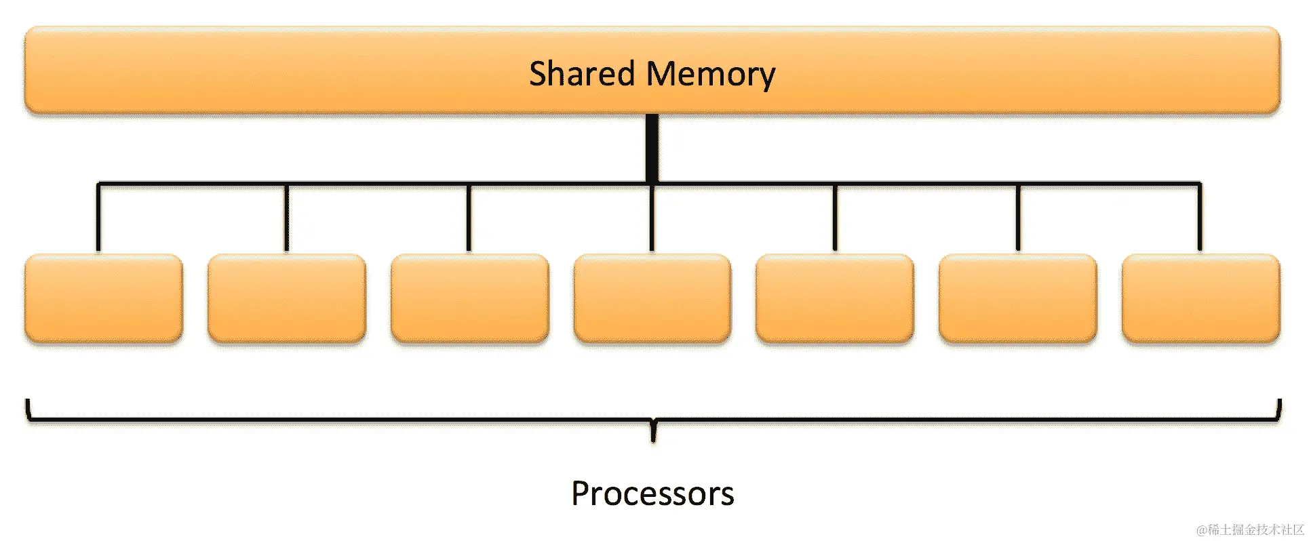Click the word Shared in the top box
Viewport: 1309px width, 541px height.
point(581,73)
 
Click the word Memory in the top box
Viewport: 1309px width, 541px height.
point(711,74)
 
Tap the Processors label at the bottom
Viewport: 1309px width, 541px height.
point(652,494)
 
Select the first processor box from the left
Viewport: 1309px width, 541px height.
point(104,298)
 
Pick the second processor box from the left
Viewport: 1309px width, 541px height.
point(287,298)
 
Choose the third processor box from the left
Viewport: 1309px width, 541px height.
point(470,298)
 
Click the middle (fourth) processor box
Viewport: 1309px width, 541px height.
point(652,298)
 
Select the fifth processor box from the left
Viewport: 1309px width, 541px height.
point(835,298)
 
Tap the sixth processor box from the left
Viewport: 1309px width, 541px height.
point(1018,298)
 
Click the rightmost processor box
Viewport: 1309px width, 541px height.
point(1201,298)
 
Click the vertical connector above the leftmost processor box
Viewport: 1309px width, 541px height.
point(98,217)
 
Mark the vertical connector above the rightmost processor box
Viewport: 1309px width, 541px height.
point(1200,217)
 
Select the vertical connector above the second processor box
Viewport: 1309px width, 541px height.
point(287,217)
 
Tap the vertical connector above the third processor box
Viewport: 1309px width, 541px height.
point(469,217)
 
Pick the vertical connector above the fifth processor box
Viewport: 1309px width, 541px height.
point(835,217)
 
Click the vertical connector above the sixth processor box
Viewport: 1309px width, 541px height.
point(1018,217)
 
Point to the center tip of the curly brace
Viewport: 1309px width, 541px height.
point(653,434)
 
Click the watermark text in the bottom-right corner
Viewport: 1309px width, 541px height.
point(1249,529)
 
